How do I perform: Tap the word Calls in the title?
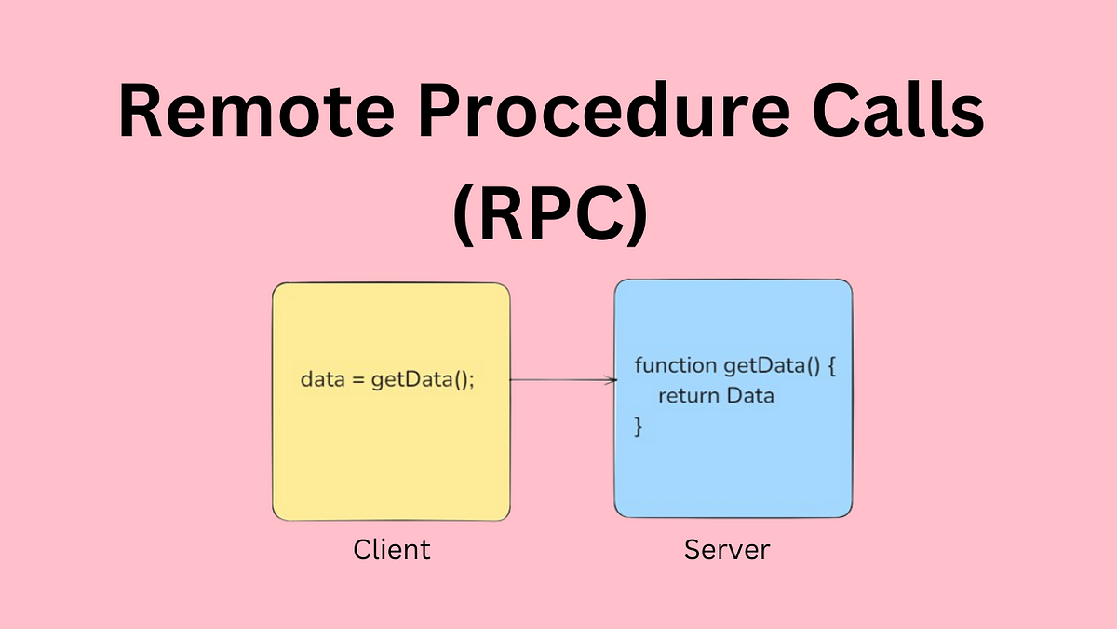click(898, 110)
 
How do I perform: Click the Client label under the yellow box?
click(392, 550)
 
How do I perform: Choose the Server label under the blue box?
click(727, 550)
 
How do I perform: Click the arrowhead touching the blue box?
click(612, 380)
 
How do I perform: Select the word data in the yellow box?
click(323, 379)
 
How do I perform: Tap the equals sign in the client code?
click(358, 380)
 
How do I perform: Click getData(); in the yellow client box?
click(423, 380)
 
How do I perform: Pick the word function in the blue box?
click(676, 365)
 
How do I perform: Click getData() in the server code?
click(772, 366)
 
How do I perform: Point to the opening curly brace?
click(831, 366)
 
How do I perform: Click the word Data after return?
click(750, 395)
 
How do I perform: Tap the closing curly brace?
click(638, 427)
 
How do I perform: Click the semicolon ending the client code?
click(472, 382)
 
